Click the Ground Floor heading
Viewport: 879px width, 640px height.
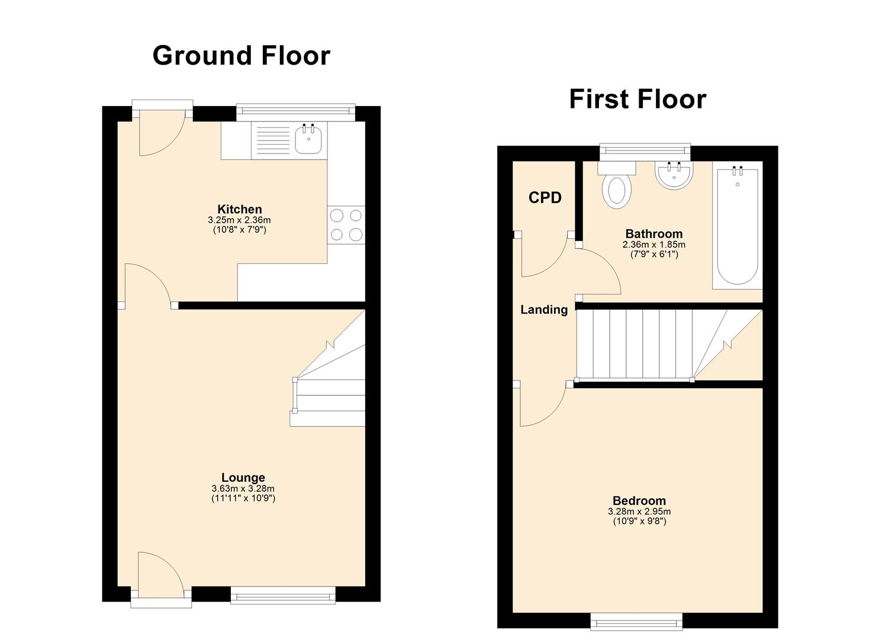coord(241,56)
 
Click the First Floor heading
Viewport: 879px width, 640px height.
coord(637,99)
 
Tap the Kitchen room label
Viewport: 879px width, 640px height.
coord(239,209)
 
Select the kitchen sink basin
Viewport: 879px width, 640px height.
coord(309,140)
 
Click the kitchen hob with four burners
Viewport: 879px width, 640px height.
coord(346,225)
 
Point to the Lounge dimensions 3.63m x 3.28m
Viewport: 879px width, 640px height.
coord(243,489)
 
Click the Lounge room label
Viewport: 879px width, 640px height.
coord(243,478)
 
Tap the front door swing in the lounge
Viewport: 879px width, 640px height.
coord(157,572)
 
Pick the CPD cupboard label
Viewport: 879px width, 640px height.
coord(545,198)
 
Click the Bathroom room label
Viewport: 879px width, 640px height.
coord(653,233)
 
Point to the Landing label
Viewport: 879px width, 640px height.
coord(543,309)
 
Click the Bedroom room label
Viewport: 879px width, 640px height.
coord(639,501)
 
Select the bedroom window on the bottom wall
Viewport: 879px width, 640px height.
coord(636,621)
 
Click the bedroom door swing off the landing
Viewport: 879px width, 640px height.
coord(540,406)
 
